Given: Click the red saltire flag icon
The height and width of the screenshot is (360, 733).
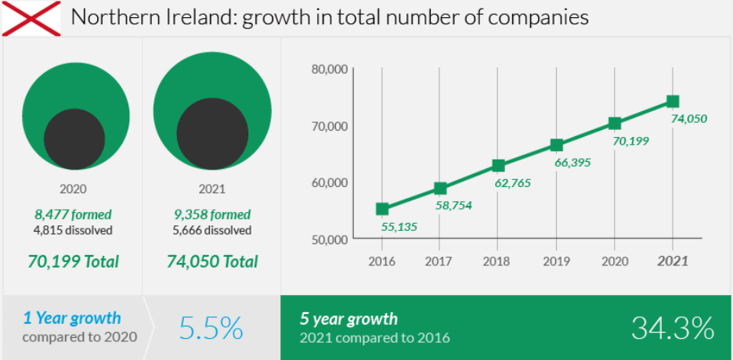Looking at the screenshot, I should (x=31, y=18).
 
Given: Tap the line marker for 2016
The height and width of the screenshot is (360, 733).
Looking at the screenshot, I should (x=382, y=209).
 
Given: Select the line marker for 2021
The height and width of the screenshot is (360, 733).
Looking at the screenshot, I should (x=673, y=101).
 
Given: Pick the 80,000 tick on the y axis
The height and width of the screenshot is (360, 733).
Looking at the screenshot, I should (x=329, y=69).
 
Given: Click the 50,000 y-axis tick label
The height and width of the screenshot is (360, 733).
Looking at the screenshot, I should (x=329, y=239).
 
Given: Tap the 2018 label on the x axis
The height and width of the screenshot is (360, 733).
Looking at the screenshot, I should (x=498, y=261).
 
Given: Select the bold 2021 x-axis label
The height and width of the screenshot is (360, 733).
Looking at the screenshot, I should (x=673, y=261).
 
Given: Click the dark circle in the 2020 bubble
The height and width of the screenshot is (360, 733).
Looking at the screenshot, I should (x=74, y=139).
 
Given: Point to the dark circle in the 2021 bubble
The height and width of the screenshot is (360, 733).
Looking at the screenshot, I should (x=212, y=132).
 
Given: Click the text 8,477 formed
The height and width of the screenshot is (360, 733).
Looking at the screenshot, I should (x=73, y=214).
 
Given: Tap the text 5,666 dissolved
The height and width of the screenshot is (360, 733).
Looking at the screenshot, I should (x=212, y=231).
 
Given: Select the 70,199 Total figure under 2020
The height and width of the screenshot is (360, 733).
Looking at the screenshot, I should (x=73, y=261).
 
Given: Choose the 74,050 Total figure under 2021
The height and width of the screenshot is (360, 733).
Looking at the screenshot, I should (x=212, y=261).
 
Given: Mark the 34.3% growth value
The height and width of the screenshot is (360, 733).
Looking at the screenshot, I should (x=673, y=328).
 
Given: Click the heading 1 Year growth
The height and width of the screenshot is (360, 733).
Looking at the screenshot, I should (x=72, y=318).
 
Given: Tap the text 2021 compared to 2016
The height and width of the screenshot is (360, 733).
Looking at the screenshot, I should (x=374, y=337).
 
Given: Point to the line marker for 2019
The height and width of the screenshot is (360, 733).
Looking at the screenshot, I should (x=557, y=145).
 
